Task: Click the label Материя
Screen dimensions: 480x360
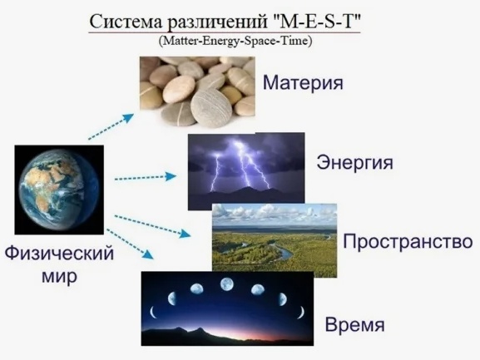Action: [x=303, y=82]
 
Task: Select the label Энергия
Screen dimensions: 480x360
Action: [x=354, y=162]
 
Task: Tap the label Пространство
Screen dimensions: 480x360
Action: [x=408, y=242]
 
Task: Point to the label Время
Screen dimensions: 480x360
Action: [x=354, y=324]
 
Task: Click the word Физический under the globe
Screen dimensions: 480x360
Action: [x=59, y=254]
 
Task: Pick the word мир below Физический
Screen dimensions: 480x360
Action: [x=59, y=277]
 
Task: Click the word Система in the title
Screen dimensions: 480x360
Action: [x=126, y=22]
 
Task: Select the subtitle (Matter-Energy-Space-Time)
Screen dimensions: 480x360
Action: [x=235, y=41]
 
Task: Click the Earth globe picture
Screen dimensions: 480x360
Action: [x=59, y=190]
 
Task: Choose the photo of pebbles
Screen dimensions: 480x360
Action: [x=197, y=91]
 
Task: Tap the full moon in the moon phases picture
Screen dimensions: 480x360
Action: [x=227, y=284]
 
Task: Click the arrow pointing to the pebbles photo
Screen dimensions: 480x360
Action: [x=111, y=126]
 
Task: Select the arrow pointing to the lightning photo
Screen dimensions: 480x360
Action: [x=146, y=177]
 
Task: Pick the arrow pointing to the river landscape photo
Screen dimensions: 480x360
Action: [x=153, y=226]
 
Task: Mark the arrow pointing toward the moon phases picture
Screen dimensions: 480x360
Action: [x=130, y=244]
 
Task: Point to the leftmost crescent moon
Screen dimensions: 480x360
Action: [x=153, y=313]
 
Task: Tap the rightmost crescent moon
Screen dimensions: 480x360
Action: [x=301, y=313]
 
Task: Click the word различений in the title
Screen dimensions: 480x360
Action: [x=216, y=22]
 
